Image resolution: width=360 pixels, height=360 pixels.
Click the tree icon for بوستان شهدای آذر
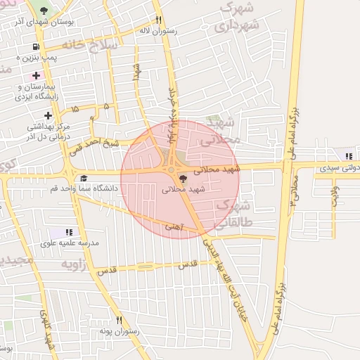45,11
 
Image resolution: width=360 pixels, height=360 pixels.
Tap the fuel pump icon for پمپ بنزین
33,48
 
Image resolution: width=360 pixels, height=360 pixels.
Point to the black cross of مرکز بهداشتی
47,115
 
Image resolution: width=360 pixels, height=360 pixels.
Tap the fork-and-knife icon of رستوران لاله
159,20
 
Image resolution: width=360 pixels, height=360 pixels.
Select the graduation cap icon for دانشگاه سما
84,178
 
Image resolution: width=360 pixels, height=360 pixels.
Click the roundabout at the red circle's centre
171,169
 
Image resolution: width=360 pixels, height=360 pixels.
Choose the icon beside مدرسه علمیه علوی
69,231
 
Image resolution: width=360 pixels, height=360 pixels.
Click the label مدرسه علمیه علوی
74,243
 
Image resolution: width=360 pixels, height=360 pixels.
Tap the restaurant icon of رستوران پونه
119,320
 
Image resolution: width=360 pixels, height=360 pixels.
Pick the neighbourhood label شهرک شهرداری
236,18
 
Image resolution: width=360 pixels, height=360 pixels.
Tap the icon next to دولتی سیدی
348,156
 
